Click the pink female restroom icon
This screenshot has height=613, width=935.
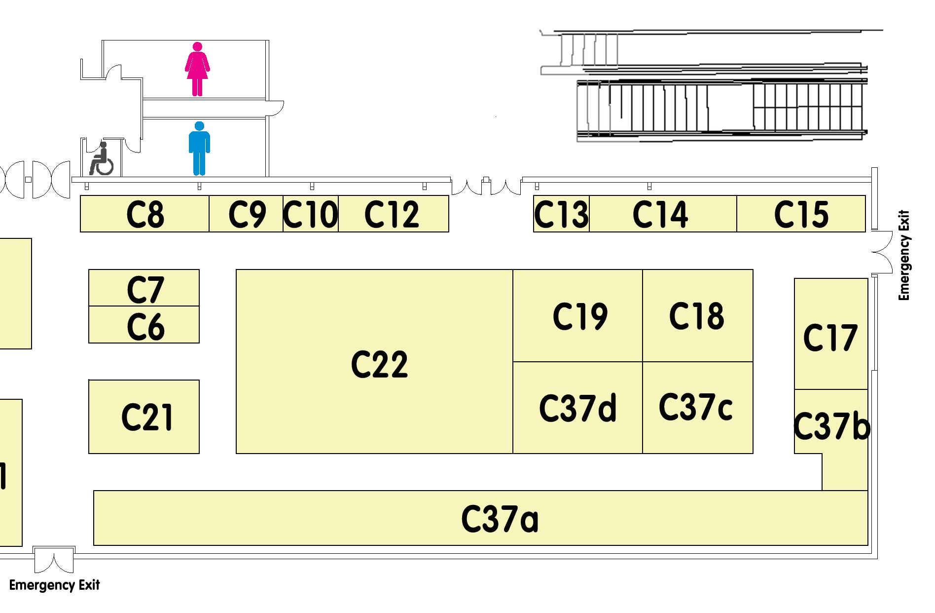click(x=197, y=69)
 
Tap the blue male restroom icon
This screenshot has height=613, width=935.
click(x=199, y=149)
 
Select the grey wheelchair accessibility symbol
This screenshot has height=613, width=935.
click(x=102, y=159)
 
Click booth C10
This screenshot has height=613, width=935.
click(x=311, y=214)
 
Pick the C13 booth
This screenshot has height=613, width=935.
click(x=561, y=214)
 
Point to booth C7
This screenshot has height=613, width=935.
click(x=144, y=288)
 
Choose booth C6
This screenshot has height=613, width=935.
click(x=144, y=325)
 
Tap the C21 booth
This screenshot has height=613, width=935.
click(x=144, y=417)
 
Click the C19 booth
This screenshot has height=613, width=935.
click(x=577, y=316)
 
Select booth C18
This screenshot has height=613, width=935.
click(x=697, y=316)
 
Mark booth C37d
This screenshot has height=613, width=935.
click(x=577, y=408)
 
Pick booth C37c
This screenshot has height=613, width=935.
click(x=697, y=408)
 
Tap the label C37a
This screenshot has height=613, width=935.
click(x=500, y=519)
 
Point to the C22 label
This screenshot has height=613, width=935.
click(x=379, y=365)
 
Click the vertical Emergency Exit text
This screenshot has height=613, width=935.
click(x=904, y=256)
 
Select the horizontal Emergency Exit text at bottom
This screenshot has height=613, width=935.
click(x=54, y=585)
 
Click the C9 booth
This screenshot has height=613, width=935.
click(x=247, y=214)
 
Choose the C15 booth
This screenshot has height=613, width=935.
click(x=801, y=214)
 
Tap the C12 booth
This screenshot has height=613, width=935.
click(x=393, y=214)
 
